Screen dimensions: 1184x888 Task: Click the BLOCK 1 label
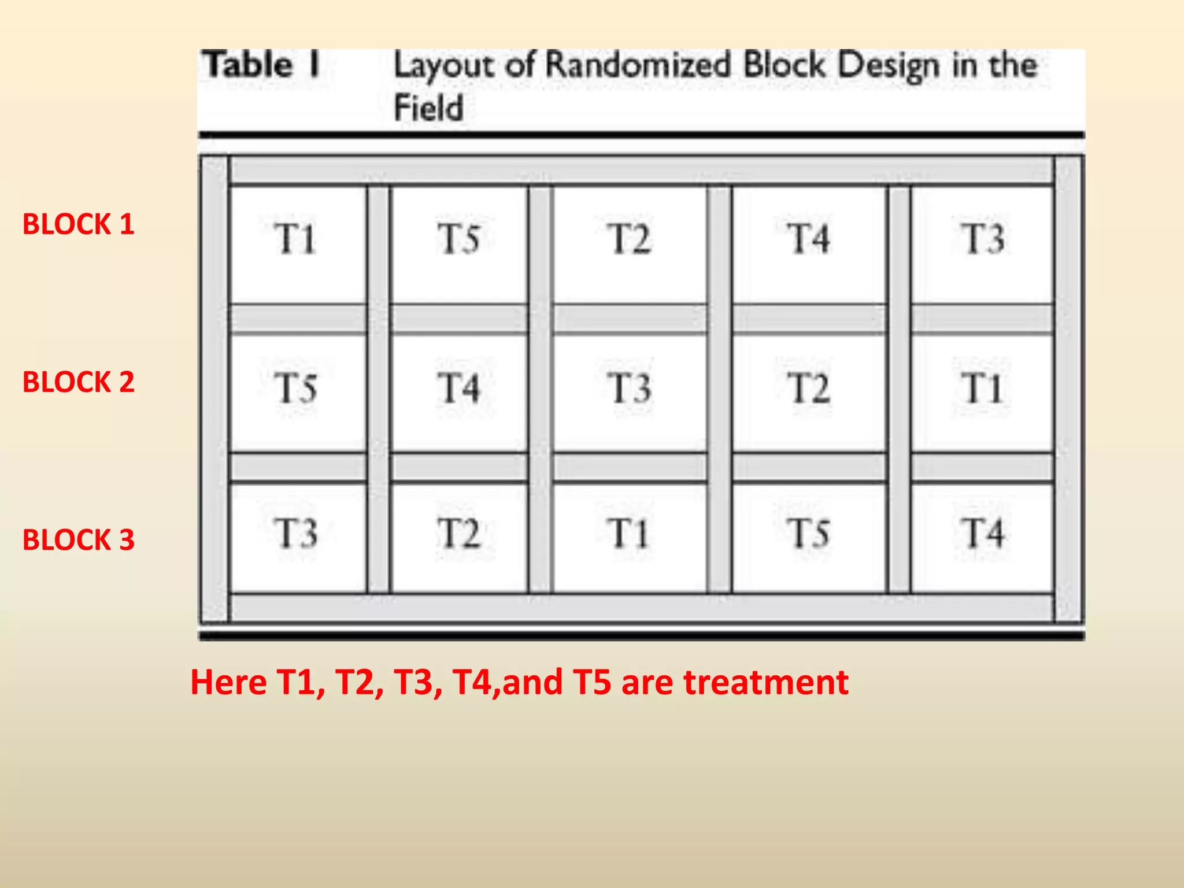[x=79, y=224]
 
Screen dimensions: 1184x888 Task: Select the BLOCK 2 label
[x=79, y=382]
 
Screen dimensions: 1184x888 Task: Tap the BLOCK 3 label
[x=79, y=540]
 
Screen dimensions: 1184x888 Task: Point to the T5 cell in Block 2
[x=298, y=393]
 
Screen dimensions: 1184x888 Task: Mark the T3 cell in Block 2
[x=630, y=393]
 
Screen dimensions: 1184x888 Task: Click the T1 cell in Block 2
[x=982, y=393]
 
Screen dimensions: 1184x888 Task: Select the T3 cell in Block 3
[x=298, y=538]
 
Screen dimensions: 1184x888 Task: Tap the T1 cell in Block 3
[x=630, y=538]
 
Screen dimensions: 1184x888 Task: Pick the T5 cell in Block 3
[x=809, y=538]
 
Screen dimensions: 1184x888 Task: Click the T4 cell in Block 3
[x=982, y=538]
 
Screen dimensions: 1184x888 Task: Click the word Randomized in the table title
[x=638, y=65]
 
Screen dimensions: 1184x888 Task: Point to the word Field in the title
[x=428, y=108]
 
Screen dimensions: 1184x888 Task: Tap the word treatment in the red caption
[x=766, y=682]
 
